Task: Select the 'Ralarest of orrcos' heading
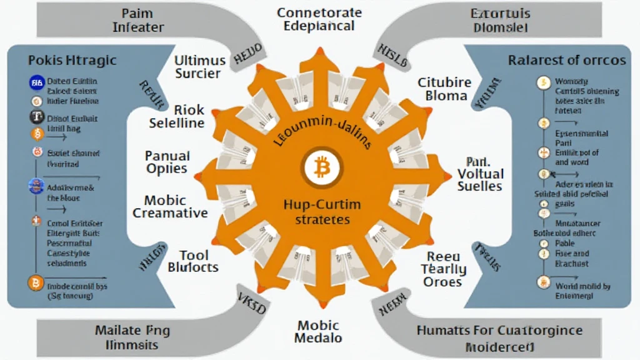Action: pos(566,61)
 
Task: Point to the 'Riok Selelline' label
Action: pos(177,116)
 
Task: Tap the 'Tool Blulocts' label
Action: pos(193,261)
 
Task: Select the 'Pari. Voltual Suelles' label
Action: pos(480,173)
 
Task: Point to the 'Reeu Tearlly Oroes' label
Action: pos(443,269)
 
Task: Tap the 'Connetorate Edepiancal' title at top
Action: pos(319,19)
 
